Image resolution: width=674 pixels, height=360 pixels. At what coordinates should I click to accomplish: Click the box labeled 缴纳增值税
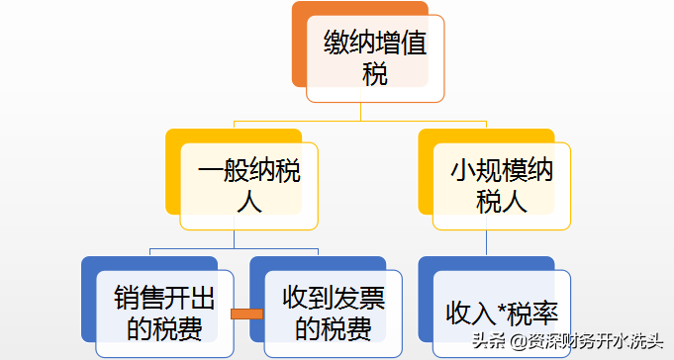[x=375, y=57]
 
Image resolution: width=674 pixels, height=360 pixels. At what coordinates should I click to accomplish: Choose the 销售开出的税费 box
[x=164, y=313]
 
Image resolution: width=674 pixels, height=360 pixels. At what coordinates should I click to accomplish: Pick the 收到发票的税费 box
[x=333, y=313]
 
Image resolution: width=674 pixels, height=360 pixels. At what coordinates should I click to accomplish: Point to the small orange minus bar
[x=246, y=314]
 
